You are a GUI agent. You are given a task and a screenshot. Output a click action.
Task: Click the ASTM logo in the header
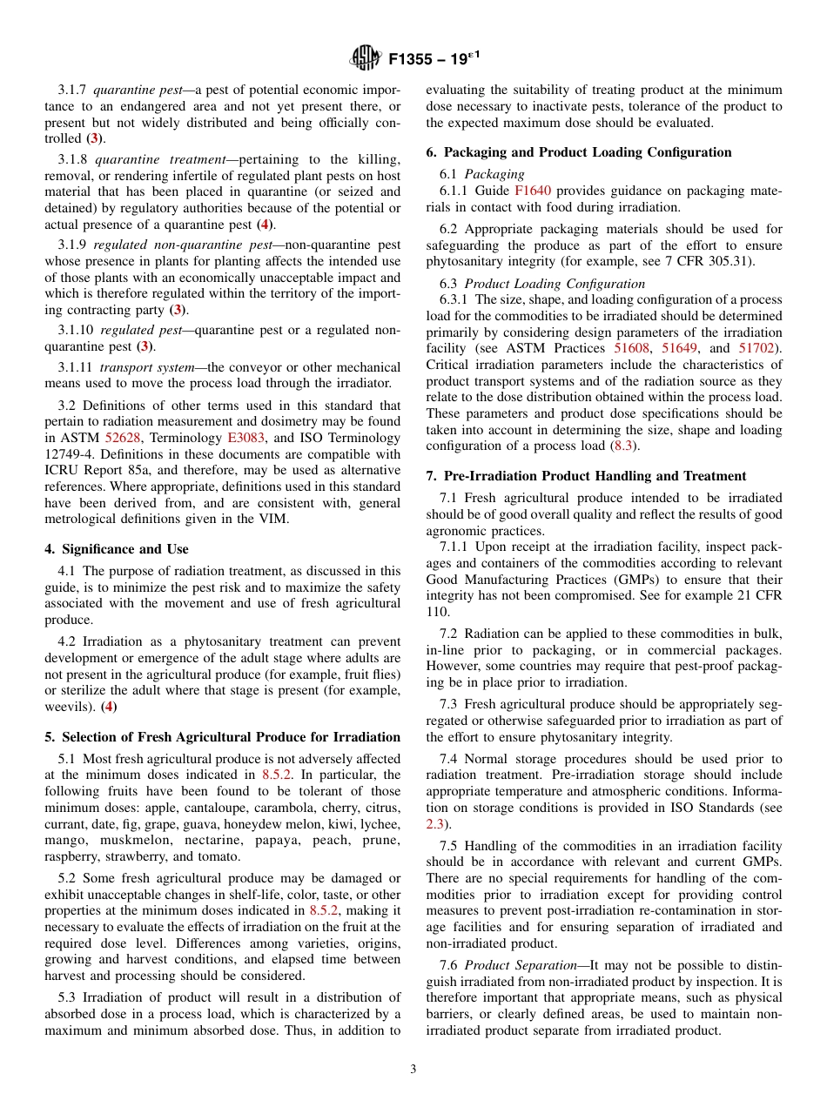[x=366, y=58]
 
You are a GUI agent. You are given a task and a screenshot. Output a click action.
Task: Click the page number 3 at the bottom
[x=413, y=1070]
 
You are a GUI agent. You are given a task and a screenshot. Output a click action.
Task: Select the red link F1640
[x=532, y=190]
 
